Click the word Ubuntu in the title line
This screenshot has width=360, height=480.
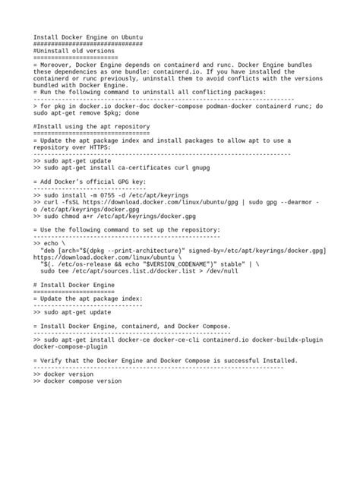pyautogui.click(x=131, y=36)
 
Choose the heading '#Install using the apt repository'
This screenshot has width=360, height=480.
pyautogui.click(x=92, y=126)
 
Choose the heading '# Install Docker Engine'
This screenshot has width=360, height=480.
pyautogui.click(x=74, y=284)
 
